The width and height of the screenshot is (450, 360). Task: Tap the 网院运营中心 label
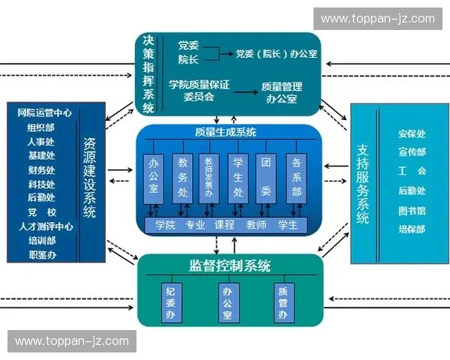click(44, 112)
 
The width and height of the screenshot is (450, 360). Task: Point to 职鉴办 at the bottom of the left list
click(41, 255)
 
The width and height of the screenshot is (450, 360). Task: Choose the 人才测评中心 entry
click(46, 226)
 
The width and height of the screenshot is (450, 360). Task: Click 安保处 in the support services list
click(412, 134)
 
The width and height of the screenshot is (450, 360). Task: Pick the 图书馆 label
click(412, 211)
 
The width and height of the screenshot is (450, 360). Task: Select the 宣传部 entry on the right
click(412, 153)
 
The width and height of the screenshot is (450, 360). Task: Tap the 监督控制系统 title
click(229, 266)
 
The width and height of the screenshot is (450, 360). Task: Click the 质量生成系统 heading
click(225, 132)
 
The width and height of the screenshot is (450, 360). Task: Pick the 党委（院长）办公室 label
click(275, 53)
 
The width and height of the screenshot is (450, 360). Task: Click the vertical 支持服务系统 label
click(363, 184)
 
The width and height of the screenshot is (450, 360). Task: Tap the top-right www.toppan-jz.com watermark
click(377, 19)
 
